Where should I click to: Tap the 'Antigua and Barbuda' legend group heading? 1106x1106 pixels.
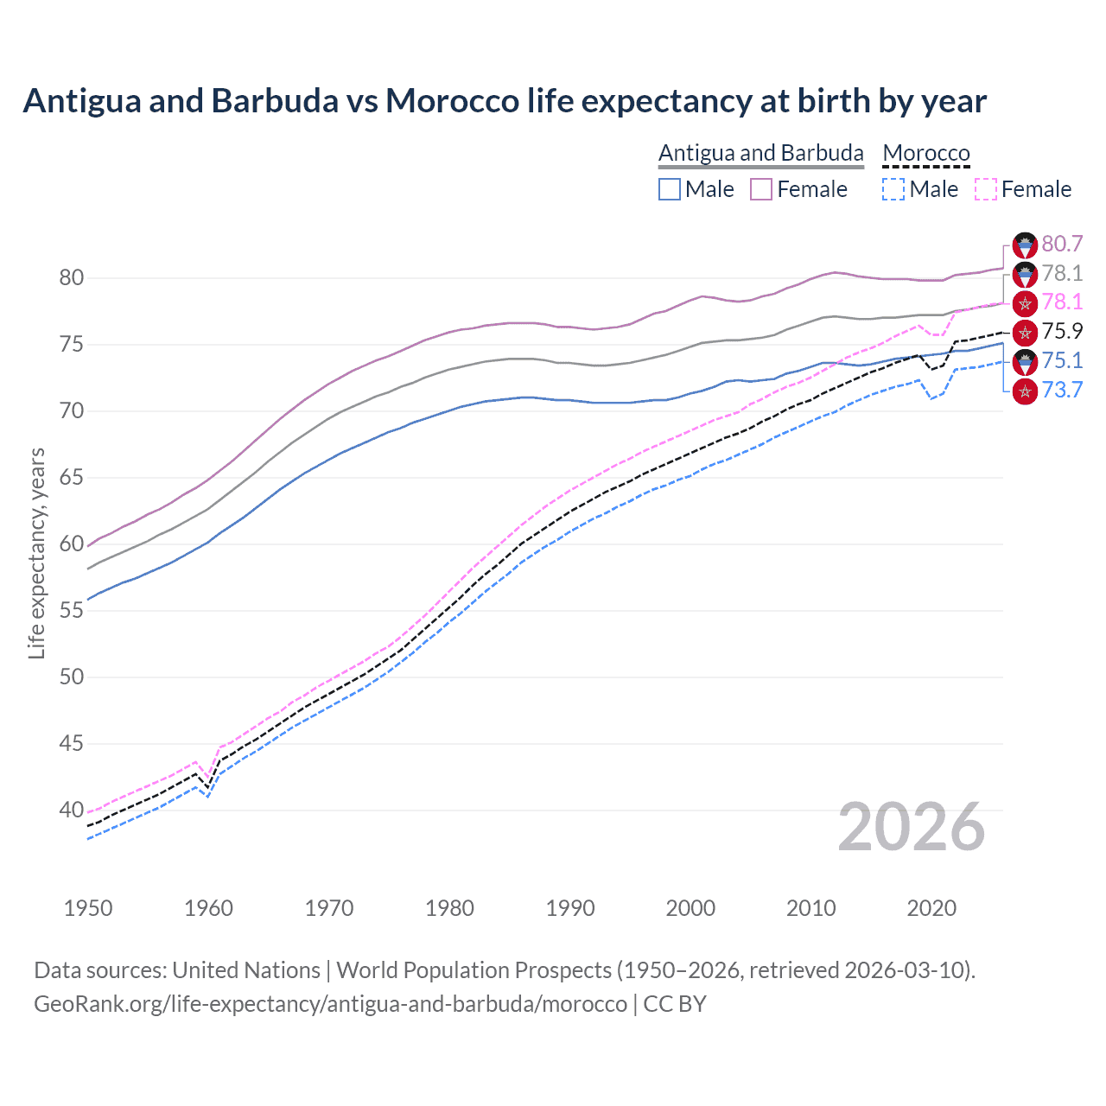[x=760, y=153]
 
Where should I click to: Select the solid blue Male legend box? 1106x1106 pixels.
[x=670, y=189]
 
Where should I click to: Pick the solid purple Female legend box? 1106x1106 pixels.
[x=761, y=189]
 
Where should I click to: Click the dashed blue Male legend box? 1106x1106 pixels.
[x=893, y=189]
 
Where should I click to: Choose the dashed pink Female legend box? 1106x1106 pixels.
[x=985, y=189]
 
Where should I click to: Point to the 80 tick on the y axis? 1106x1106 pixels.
[x=72, y=278]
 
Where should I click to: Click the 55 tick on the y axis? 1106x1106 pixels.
[x=72, y=611]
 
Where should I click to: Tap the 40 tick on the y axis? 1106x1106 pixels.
[x=72, y=810]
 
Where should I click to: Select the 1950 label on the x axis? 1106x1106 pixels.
[x=88, y=908]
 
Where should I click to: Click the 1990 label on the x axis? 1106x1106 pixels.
[x=570, y=908]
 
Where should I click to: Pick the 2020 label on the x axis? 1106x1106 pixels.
[x=931, y=908]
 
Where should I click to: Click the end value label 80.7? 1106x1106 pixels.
[x=1062, y=245]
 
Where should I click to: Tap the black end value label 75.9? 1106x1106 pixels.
[x=1062, y=331]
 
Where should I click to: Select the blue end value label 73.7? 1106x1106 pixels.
[x=1062, y=390]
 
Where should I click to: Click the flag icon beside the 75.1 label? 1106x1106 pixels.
[x=1025, y=361]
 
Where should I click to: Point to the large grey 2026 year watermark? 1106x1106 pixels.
[x=912, y=827]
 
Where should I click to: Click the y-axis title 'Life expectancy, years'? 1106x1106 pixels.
[x=37, y=553]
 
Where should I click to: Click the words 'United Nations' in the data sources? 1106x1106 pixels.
[x=246, y=970]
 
